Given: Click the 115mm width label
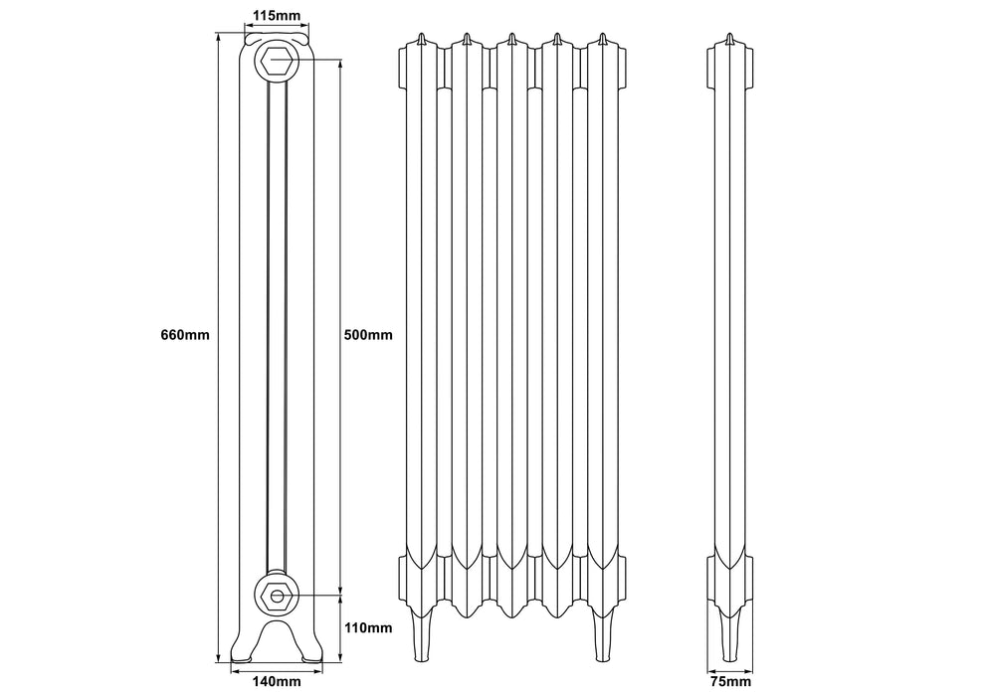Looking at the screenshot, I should click(276, 16).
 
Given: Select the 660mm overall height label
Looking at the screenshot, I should click(185, 335).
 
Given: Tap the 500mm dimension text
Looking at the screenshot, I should click(367, 335).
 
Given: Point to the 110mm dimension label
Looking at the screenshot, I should click(367, 627).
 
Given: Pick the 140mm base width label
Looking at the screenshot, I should click(276, 681).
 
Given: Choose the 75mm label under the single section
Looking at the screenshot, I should click(731, 681).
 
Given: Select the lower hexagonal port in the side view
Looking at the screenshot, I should click(276, 597).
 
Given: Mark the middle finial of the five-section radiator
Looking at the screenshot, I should click(511, 40).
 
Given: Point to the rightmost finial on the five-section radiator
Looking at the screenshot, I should click(603, 40).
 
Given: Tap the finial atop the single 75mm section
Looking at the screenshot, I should click(731, 40).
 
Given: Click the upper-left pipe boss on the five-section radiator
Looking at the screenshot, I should click(402, 67).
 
